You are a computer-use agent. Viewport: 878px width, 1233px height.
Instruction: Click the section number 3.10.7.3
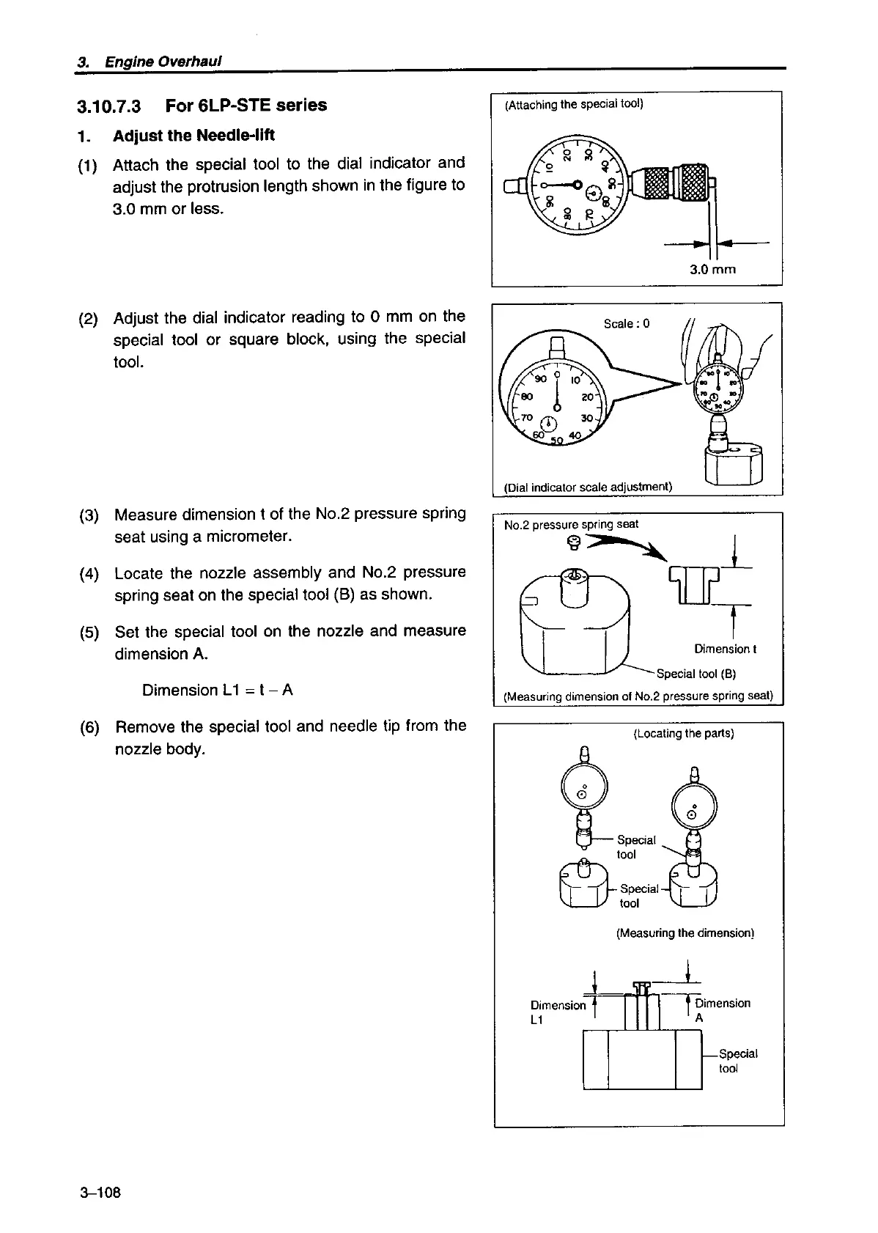point(109,106)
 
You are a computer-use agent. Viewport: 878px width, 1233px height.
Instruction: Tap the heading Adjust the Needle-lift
point(193,136)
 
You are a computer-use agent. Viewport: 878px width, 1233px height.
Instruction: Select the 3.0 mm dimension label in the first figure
point(712,269)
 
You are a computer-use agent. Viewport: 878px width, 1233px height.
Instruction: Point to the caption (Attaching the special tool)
point(574,104)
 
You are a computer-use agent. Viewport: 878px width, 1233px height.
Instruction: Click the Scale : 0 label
point(626,323)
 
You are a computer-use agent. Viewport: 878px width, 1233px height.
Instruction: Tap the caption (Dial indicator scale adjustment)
point(588,487)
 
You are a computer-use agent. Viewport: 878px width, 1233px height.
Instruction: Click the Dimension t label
point(725,649)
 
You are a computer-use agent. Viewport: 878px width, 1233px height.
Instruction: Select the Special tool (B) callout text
point(696,674)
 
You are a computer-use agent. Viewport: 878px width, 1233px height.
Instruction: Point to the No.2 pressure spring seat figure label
point(571,524)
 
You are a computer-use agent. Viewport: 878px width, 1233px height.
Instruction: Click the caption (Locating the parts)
point(683,733)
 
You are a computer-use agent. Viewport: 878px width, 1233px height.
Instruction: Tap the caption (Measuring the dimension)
point(685,933)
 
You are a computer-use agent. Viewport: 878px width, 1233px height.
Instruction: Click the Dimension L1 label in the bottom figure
point(557,1012)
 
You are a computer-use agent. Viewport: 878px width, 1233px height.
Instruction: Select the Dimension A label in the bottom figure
point(722,1010)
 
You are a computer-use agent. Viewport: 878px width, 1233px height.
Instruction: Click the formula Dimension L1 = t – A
point(218,691)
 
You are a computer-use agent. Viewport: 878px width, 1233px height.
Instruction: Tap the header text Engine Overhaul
point(163,61)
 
